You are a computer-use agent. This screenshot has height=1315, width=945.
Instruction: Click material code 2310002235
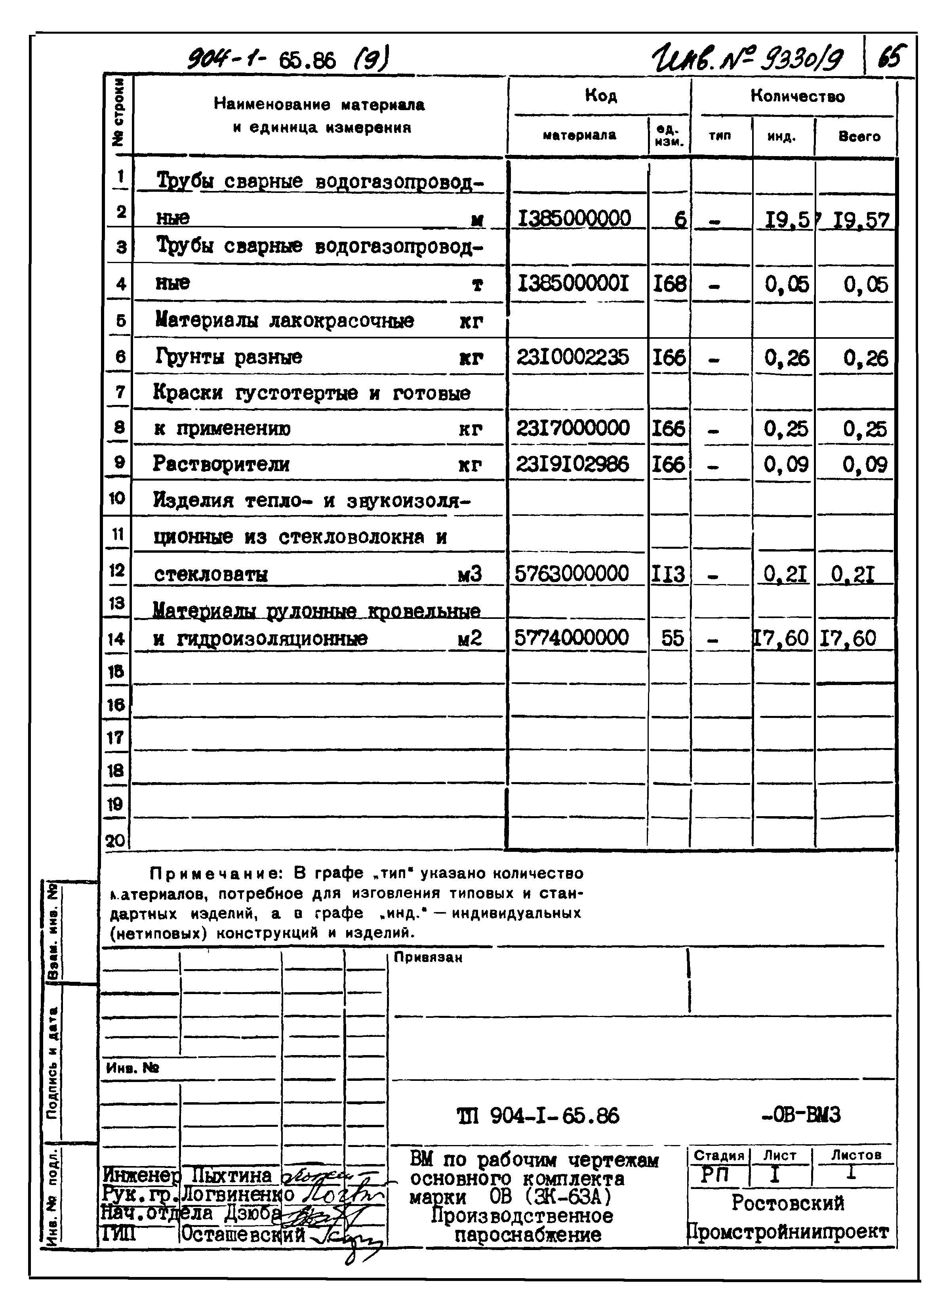click(x=572, y=357)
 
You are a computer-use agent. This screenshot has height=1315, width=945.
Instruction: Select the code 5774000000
click(x=571, y=638)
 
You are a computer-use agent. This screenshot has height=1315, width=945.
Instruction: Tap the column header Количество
click(x=797, y=96)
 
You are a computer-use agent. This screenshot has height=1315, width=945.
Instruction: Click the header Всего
click(x=859, y=136)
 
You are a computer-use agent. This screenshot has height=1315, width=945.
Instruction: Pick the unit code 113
click(x=669, y=574)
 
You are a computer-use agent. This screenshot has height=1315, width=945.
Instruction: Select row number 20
click(x=115, y=841)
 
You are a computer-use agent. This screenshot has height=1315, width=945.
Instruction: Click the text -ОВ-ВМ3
click(x=801, y=1115)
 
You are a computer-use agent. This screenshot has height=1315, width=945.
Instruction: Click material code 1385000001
click(x=572, y=283)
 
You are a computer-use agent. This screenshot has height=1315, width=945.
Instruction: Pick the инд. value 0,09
click(x=785, y=464)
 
